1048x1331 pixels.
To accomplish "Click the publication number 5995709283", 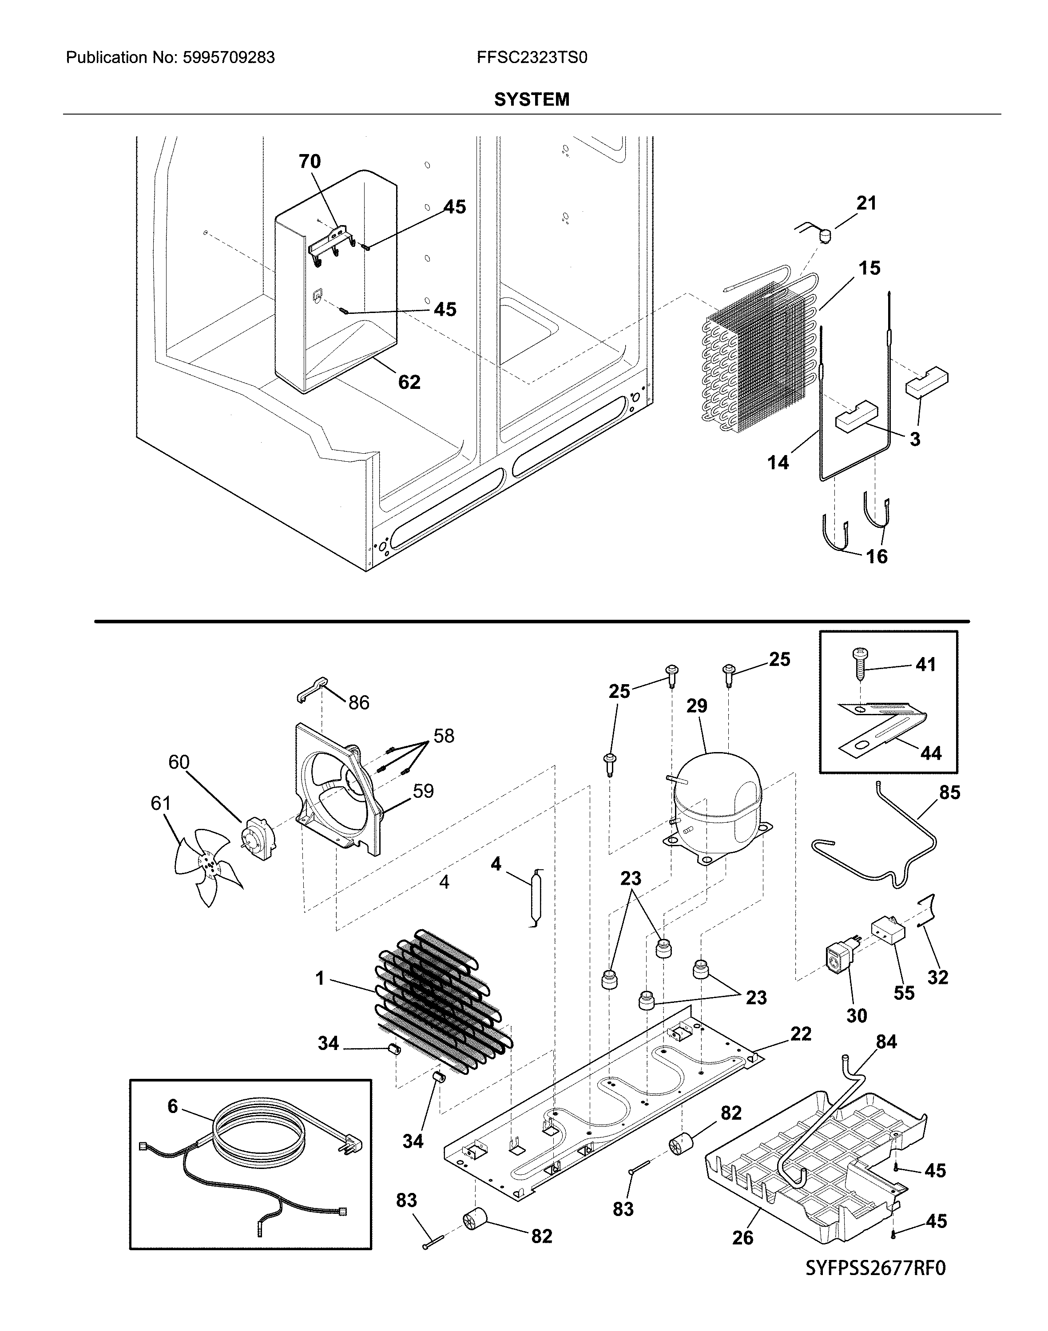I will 229,58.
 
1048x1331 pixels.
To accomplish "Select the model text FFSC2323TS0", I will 532,58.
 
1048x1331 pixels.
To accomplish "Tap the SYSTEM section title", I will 532,99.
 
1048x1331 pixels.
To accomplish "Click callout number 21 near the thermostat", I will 866,203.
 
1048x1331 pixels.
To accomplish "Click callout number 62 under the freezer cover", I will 409,382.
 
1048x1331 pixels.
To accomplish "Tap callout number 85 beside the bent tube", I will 949,792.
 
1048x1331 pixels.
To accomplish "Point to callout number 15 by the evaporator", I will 869,268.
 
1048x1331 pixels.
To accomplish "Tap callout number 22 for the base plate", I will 801,1034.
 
